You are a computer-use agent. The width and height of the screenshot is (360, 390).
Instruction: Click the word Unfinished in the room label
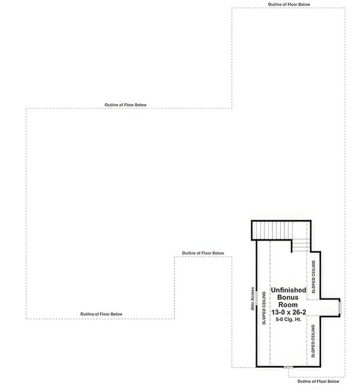289,290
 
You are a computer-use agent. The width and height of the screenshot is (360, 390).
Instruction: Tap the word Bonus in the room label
289,298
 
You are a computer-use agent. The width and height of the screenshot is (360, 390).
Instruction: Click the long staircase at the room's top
270,229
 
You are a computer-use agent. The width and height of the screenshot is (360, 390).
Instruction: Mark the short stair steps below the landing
301,245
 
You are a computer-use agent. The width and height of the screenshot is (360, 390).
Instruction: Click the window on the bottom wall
289,365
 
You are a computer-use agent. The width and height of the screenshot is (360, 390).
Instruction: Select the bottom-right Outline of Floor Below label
318,381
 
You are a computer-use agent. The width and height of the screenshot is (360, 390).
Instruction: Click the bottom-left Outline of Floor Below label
101,314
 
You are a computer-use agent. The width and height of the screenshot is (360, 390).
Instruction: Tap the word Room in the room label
289,305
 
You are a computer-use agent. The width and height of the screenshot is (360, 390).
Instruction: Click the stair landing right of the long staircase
300,229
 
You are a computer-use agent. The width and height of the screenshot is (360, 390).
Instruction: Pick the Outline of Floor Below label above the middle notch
203,253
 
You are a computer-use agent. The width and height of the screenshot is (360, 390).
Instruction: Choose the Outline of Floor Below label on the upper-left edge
125,105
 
